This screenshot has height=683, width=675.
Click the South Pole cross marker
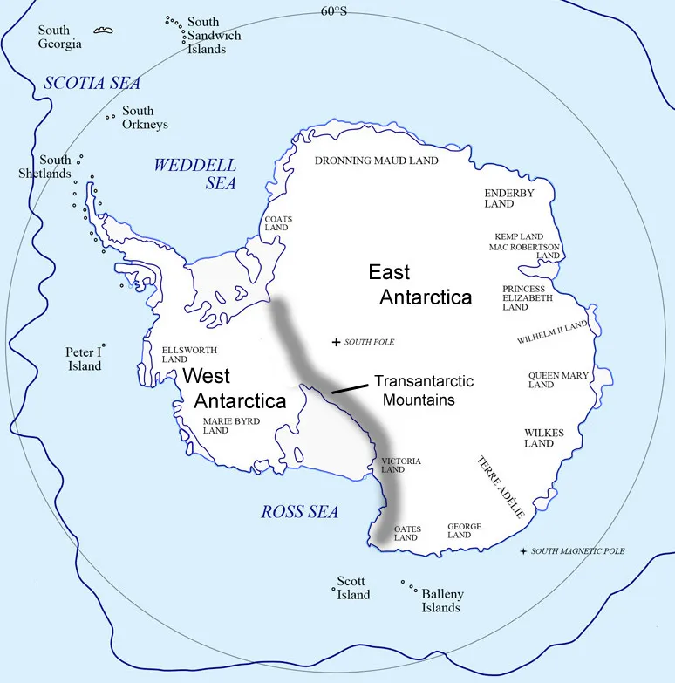[x=337, y=342]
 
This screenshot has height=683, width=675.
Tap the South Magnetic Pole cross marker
[x=523, y=551]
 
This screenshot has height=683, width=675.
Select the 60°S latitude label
[x=333, y=11]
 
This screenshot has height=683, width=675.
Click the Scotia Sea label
[x=92, y=84]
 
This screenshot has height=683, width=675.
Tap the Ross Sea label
[x=299, y=512]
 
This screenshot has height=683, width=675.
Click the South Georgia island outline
[x=104, y=31]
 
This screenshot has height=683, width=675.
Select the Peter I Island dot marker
[x=103, y=345]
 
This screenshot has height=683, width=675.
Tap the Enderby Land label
[x=510, y=198]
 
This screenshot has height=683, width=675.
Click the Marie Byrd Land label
[x=231, y=425]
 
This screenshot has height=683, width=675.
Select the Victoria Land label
[x=401, y=465]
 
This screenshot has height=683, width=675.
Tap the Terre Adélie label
[x=500, y=486]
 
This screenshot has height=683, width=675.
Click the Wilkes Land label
[x=544, y=438]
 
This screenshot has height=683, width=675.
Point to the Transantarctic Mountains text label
[x=424, y=390]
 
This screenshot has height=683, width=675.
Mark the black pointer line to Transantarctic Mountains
[x=349, y=388]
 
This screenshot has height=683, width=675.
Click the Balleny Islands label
[x=442, y=600]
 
